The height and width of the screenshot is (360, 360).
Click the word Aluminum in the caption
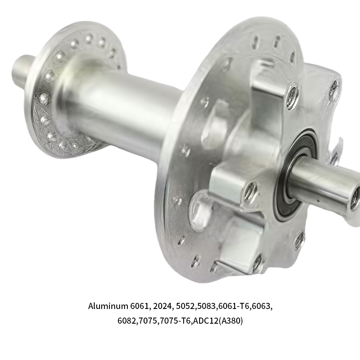click(x=108, y=306)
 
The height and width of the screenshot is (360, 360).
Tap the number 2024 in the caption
click(x=162, y=306)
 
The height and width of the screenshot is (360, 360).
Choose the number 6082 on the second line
click(x=127, y=320)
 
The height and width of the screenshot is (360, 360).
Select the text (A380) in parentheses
click(x=231, y=320)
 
